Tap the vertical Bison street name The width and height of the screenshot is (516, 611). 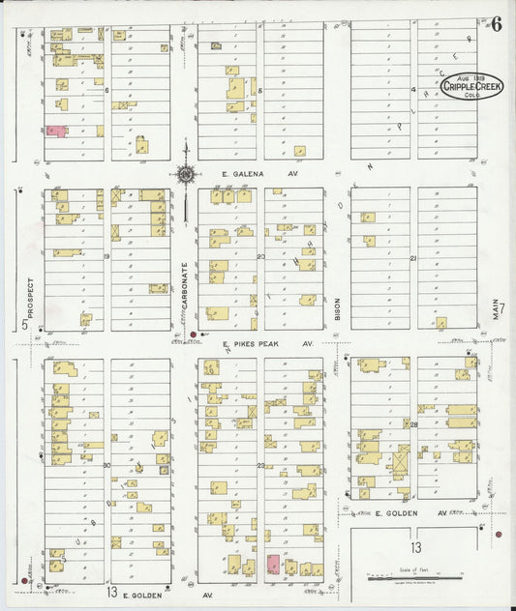(x=338, y=307)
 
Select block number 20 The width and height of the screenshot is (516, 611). (x=260, y=256)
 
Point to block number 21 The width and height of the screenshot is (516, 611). (x=412, y=259)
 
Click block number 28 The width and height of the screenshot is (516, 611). (x=412, y=424)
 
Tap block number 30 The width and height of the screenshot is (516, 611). (x=106, y=466)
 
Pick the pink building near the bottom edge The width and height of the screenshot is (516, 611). (x=273, y=564)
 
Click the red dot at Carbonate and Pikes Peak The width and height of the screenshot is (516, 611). (x=194, y=335)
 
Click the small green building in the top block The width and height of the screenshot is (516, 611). (x=217, y=44)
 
